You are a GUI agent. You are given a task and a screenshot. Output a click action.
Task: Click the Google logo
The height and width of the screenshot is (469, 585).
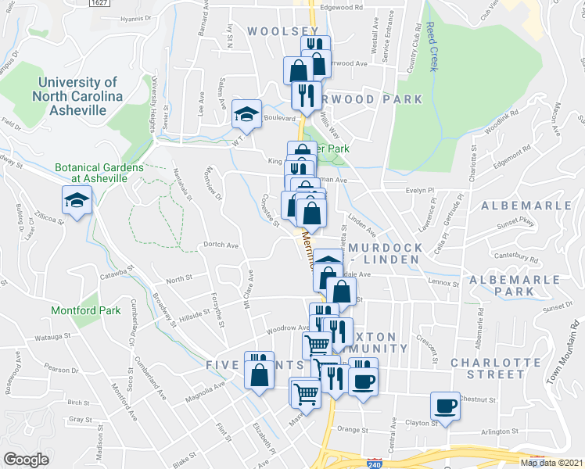(x=25, y=459)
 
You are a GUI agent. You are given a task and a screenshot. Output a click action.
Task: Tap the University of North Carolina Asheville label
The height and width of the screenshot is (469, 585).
(x=77, y=96)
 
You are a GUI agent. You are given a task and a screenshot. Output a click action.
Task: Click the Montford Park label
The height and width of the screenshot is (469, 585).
(x=86, y=310)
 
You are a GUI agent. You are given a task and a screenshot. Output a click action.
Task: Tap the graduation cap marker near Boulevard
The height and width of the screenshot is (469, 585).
(x=246, y=114)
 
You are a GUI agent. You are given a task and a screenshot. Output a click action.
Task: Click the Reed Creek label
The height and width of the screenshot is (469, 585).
(x=432, y=47)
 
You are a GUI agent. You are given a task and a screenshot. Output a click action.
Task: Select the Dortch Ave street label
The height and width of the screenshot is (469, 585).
(x=221, y=245)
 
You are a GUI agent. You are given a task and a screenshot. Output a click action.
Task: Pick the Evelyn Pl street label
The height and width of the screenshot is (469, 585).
(x=420, y=189)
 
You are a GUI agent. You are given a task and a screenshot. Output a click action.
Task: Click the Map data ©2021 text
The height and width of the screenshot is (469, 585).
(x=551, y=463)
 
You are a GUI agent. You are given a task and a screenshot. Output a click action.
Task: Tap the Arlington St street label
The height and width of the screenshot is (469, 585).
(x=499, y=431)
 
